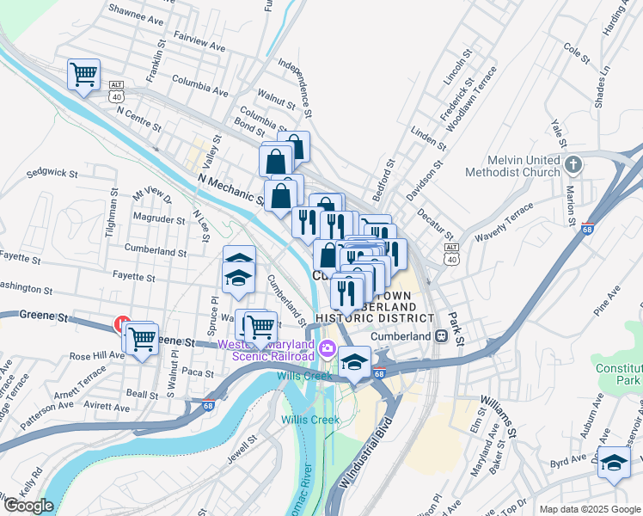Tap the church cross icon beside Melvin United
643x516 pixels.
coord(573,163)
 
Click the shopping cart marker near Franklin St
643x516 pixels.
coord(83,75)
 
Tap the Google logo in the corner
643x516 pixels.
coord(28,506)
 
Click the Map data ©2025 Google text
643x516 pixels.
coord(589,509)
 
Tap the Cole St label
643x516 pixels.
coord(577,55)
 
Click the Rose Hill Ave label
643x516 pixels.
coord(97,355)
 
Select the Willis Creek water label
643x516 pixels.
coord(310,420)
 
